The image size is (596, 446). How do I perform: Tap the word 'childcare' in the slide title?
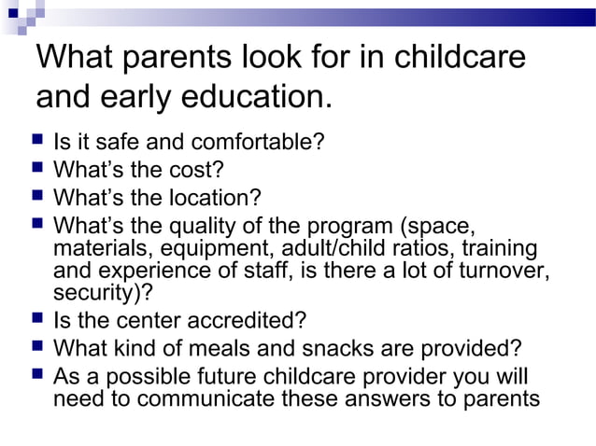point(459,59)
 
